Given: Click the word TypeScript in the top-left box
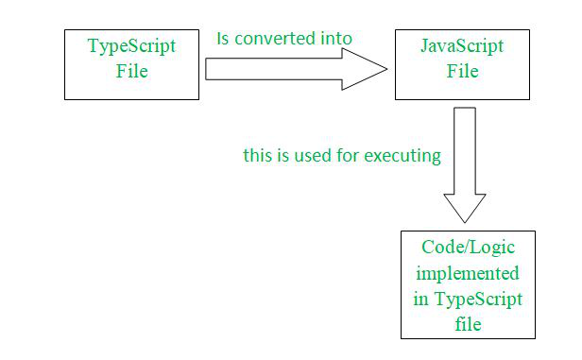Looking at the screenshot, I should pos(131,47).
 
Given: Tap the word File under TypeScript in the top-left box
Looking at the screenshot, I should pos(131,71).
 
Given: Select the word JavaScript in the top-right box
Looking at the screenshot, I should pos(462,47).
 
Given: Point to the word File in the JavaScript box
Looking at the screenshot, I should pos(462,71).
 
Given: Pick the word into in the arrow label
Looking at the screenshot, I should pos(335,39).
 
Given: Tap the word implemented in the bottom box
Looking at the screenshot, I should pos(467,275).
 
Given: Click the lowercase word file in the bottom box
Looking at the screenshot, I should pos(467,324).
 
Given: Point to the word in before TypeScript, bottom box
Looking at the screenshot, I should pos(420,300).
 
